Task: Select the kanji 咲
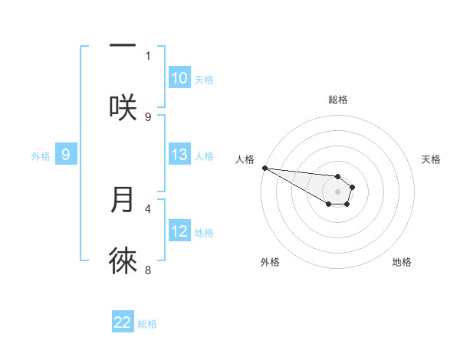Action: click(123, 107)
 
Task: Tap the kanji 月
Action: click(123, 199)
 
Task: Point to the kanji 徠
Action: click(123, 261)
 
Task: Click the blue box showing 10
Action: click(179, 78)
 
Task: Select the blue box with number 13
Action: click(179, 155)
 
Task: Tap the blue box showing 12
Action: click(179, 231)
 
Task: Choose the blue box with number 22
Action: click(123, 323)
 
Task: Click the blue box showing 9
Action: click(66, 155)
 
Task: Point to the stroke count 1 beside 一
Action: click(148, 55)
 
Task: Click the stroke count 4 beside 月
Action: click(148, 208)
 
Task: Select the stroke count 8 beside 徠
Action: click(148, 270)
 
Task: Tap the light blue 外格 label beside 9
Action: click(41, 155)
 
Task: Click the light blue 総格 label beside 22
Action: click(147, 324)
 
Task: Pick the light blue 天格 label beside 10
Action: click(203, 79)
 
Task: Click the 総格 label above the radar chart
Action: click(338, 100)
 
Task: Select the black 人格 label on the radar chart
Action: click(245, 159)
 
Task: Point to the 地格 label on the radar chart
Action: click(402, 262)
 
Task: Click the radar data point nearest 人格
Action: click(264, 168)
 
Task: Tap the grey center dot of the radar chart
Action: click(337, 191)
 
